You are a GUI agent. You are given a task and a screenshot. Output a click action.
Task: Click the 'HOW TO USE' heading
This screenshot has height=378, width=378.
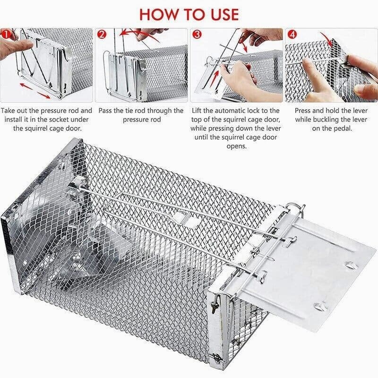189,14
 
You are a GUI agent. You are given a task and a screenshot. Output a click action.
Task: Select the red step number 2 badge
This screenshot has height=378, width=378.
102,34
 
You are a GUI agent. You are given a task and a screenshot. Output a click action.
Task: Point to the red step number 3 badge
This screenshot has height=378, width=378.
197,34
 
